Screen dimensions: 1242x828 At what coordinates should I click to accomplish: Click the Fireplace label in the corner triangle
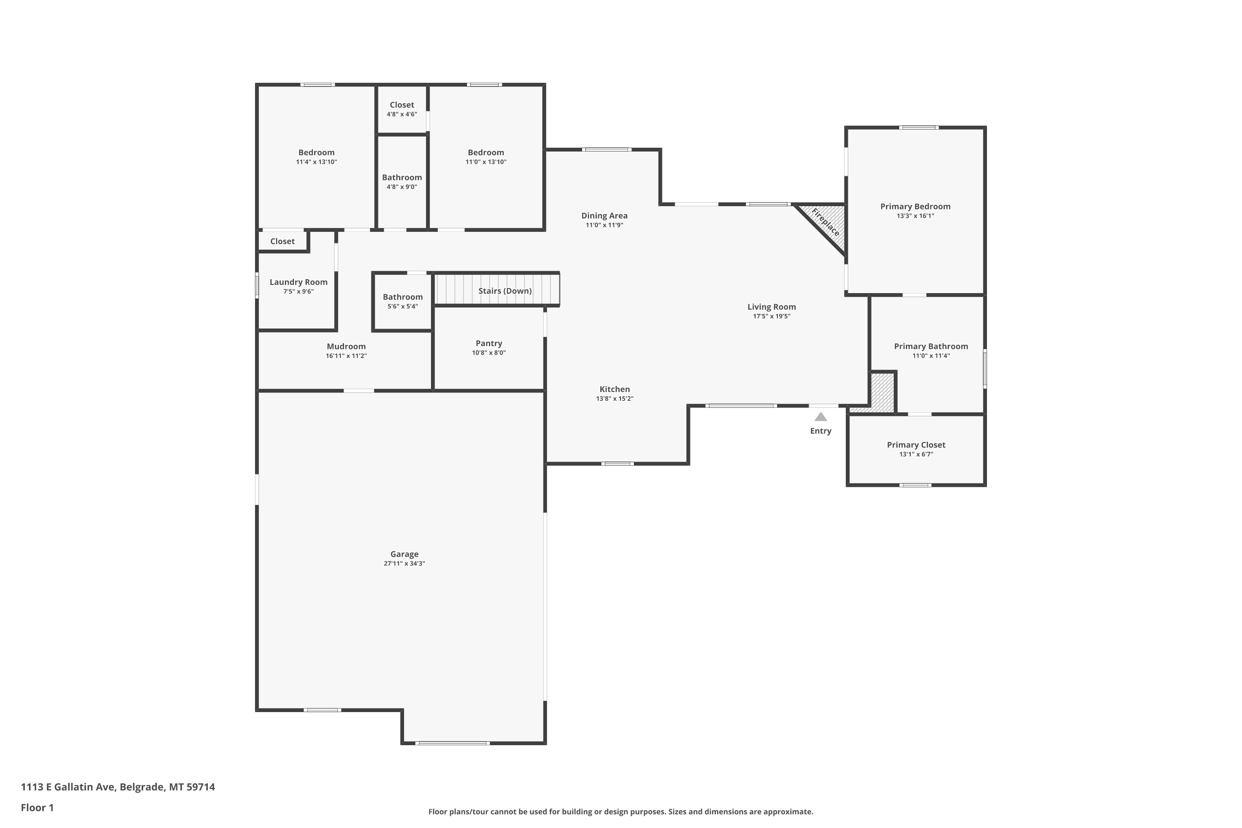[x=826, y=222]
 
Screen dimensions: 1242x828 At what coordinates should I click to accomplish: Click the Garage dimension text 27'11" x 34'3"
[x=404, y=563]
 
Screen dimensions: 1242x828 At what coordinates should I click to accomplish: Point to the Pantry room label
[x=489, y=343]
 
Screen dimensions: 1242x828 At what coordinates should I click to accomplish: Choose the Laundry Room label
[x=298, y=282]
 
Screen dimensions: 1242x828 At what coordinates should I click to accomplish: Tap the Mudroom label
[x=347, y=347]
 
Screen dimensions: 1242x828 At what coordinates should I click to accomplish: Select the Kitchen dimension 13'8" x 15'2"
[x=615, y=399]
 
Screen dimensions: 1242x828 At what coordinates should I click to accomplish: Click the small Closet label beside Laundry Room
[x=282, y=241]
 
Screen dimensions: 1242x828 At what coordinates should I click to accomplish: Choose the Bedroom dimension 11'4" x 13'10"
[x=316, y=162]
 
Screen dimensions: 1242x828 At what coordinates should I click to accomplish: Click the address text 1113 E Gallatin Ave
[x=68, y=787]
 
